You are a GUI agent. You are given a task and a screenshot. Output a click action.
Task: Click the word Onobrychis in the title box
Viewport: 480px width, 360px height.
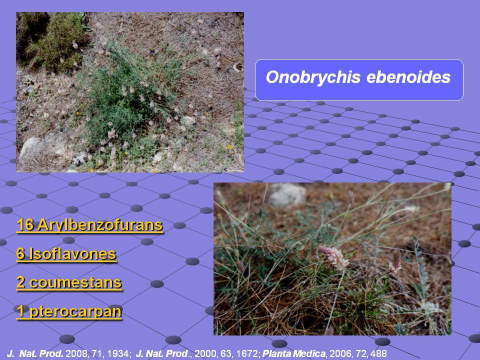tap(313, 77)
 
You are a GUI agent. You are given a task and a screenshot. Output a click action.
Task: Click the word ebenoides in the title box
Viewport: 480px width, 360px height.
tap(408, 77)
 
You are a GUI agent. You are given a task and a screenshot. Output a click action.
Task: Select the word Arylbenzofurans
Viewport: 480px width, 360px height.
tap(100, 225)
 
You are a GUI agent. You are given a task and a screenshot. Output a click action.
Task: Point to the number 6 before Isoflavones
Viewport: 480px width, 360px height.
tap(20, 254)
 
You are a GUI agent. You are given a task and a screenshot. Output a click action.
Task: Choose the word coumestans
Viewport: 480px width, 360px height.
tap(75, 282)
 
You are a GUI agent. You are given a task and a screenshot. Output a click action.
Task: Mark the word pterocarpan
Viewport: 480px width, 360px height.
tap(75, 311)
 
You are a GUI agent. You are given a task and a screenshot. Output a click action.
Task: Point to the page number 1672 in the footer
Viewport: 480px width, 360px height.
tap(247, 353)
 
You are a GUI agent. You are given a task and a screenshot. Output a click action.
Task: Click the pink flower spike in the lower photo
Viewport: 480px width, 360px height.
tap(334, 256)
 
